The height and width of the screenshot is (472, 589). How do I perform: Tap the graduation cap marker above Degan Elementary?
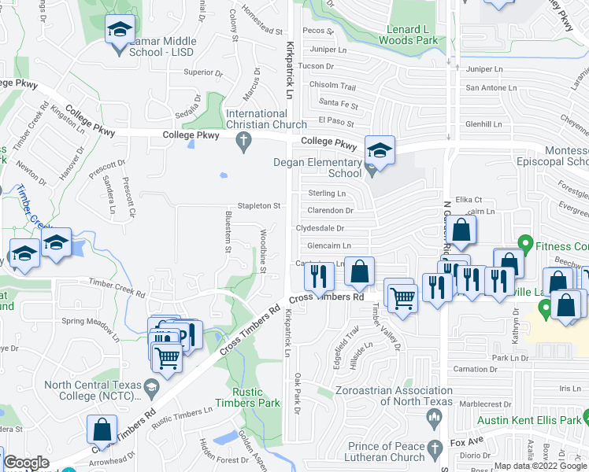[x=380, y=149]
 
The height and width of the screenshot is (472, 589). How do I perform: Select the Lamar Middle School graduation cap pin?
[x=120, y=31]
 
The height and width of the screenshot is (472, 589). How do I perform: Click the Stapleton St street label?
[x=261, y=206]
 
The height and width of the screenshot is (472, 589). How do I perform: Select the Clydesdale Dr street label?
[x=320, y=228]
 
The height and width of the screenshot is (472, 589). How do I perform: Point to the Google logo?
[x=25, y=463]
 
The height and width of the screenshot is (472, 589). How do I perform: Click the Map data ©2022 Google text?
[x=540, y=466]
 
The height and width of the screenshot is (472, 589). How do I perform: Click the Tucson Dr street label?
[x=317, y=66]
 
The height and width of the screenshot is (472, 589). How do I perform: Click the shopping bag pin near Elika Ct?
[x=464, y=230]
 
